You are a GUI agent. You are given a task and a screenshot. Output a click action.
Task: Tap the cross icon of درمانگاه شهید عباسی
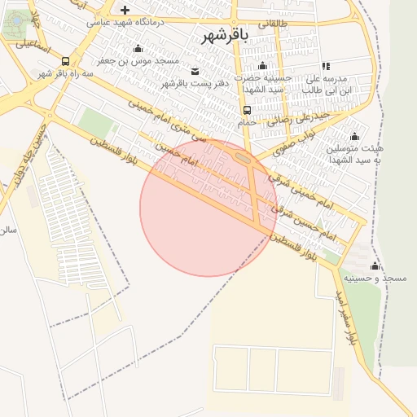[x=125, y=10]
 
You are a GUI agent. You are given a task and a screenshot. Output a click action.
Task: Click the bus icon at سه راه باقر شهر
[x=65, y=61]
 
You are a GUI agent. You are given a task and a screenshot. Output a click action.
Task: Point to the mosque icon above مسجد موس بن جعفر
[x=138, y=48]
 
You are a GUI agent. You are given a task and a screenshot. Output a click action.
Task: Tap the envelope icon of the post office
[x=194, y=71]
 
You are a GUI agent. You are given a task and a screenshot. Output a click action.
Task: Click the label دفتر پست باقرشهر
[x=191, y=83]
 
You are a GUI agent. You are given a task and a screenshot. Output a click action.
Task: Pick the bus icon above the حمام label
[x=247, y=110]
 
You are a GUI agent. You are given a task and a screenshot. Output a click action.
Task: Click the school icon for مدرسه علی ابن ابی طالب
[x=326, y=66]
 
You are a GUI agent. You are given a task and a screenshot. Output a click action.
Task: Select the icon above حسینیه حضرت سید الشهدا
[x=262, y=66]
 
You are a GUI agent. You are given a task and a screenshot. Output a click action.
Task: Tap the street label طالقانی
[x=273, y=24]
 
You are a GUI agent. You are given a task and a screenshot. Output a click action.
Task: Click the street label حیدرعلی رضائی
[x=301, y=117]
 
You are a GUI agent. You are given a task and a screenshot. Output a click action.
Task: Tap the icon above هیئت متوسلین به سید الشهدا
[x=353, y=136]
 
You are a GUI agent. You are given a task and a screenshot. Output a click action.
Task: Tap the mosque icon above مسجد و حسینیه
[x=375, y=266]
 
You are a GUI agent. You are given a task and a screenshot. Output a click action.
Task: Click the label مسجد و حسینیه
[x=375, y=279]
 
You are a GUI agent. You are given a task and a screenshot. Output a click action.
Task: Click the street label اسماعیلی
[x=33, y=46]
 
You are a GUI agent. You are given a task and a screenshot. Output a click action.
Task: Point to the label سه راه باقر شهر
[x=66, y=74]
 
